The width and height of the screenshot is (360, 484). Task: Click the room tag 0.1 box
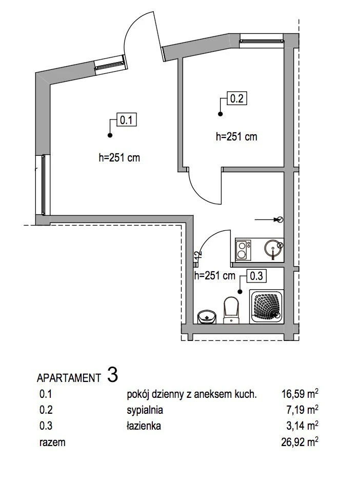(x=126, y=120)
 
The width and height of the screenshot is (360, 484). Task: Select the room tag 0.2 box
(x=237, y=98)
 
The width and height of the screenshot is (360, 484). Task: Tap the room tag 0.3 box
(x=256, y=276)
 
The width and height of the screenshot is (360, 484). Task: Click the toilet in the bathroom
(x=231, y=310)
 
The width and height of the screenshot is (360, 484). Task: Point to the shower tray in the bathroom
(x=267, y=307)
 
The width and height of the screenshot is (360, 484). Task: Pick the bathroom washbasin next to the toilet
(x=207, y=317)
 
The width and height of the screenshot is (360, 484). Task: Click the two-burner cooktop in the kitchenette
(x=243, y=250)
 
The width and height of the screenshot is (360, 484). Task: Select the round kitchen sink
(x=273, y=249)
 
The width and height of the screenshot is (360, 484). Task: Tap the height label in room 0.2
(x=236, y=137)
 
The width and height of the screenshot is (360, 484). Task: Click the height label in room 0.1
(x=119, y=158)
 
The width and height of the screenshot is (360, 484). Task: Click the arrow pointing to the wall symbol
(x=267, y=220)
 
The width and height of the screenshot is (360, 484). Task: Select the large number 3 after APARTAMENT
(x=113, y=374)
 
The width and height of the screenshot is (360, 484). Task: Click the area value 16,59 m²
(x=300, y=394)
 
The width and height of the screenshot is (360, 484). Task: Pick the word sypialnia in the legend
(x=145, y=410)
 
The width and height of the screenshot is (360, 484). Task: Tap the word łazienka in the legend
(x=144, y=426)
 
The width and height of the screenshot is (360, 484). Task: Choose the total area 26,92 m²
(x=300, y=442)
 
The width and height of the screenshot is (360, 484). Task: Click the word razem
(x=52, y=442)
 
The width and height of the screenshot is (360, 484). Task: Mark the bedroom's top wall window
(x=262, y=41)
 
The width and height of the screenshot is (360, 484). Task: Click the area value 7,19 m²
(x=302, y=410)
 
